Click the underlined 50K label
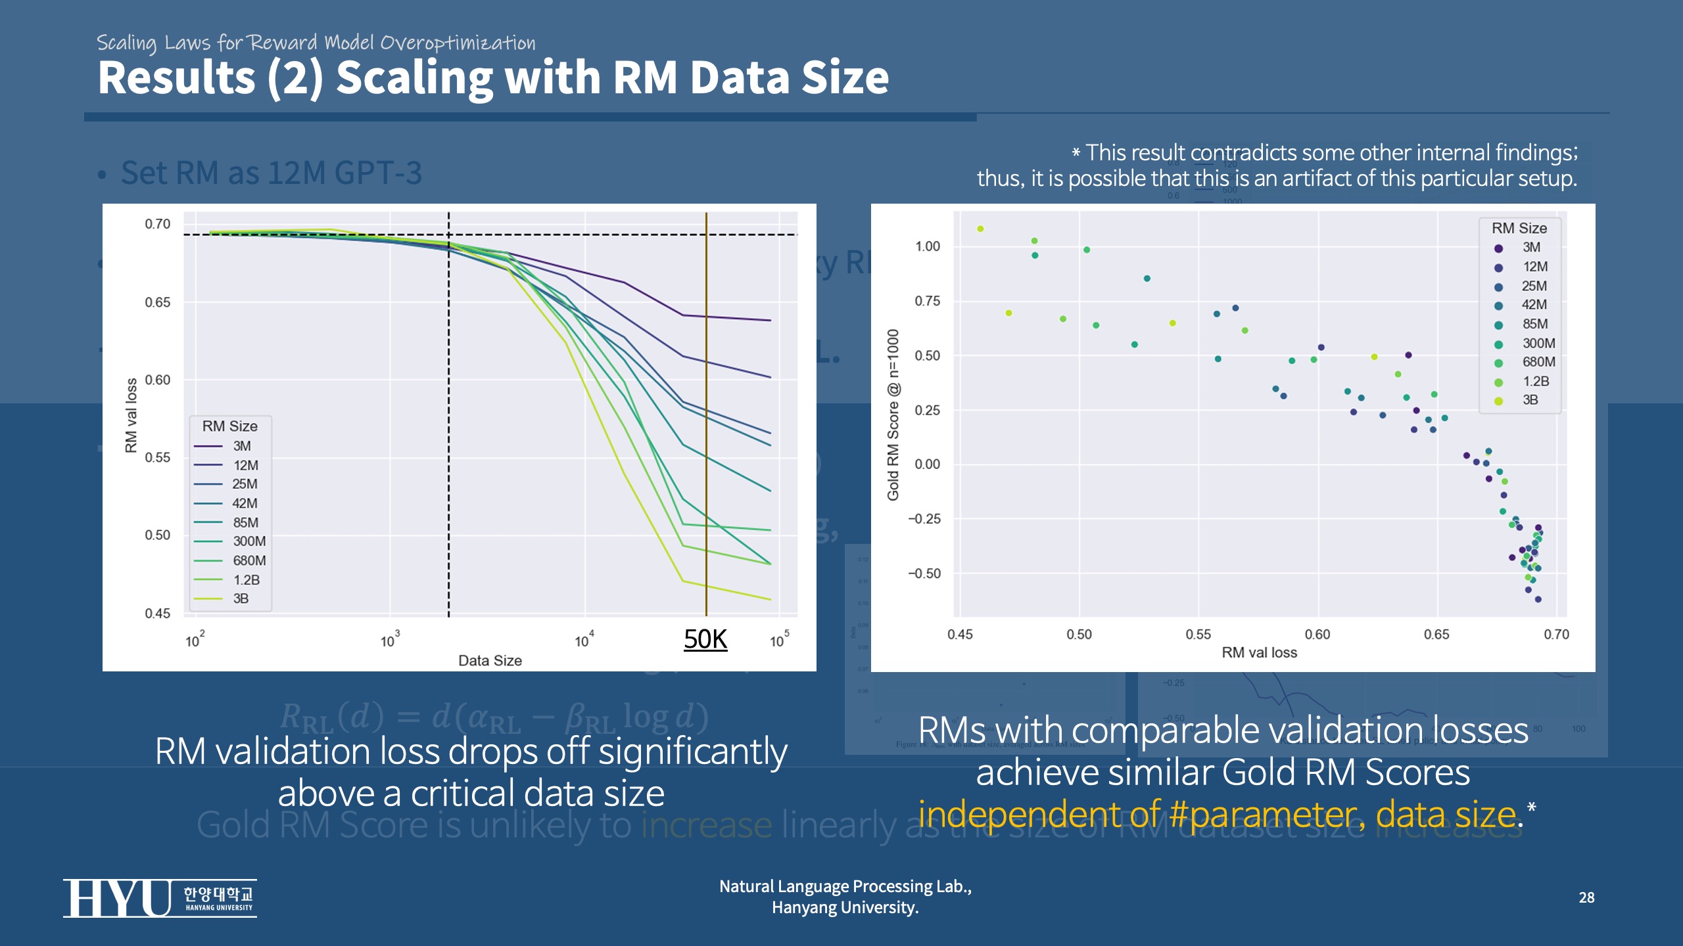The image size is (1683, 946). click(x=705, y=639)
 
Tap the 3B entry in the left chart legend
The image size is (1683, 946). click(x=241, y=598)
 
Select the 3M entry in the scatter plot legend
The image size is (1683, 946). click(x=1531, y=248)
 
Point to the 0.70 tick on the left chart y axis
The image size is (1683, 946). click(x=157, y=224)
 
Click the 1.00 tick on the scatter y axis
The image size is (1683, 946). click(x=928, y=246)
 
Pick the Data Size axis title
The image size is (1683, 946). click(x=490, y=660)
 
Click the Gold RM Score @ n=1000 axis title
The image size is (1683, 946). click(x=892, y=415)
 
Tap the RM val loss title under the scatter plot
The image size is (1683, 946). click(x=1259, y=652)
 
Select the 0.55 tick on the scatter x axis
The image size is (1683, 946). click(x=1198, y=635)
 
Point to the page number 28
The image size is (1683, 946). click(x=1586, y=897)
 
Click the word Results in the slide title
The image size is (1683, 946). click(x=176, y=78)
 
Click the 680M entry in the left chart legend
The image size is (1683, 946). click(x=249, y=560)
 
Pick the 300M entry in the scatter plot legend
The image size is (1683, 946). click(x=1538, y=343)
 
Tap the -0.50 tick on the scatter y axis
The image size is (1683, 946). click(x=924, y=574)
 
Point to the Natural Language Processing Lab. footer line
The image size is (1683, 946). click(x=845, y=886)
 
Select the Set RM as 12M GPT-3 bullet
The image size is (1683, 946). click(x=271, y=173)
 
